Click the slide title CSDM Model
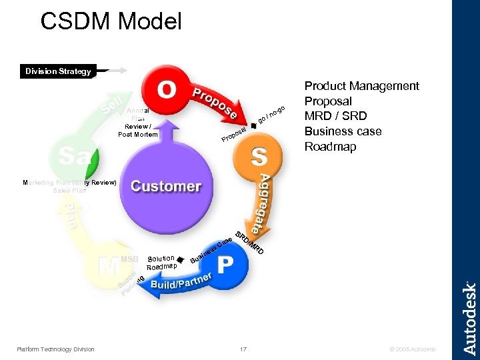[111, 21]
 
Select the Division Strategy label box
[58, 71]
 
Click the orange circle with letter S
[258, 157]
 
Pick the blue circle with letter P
[225, 264]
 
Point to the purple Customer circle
[166, 186]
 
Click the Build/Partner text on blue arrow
[181, 282]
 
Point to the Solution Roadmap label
[161, 262]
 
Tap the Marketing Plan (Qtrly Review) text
[69, 182]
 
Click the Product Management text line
[361, 86]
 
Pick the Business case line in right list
[343, 131]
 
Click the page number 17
[243, 349]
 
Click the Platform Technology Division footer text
[56, 349]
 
